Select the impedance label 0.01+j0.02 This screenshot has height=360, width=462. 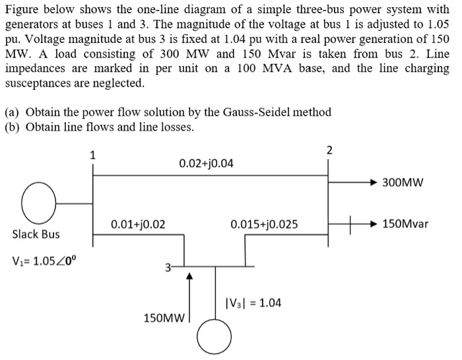pos(138,224)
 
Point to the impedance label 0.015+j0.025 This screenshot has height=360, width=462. pos(264,224)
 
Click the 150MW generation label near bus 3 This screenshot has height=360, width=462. pos(162,318)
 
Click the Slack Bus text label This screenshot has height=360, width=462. pos(36,234)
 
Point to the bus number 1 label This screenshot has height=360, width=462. pos(92,156)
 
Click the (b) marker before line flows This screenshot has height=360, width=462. pos(13,127)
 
